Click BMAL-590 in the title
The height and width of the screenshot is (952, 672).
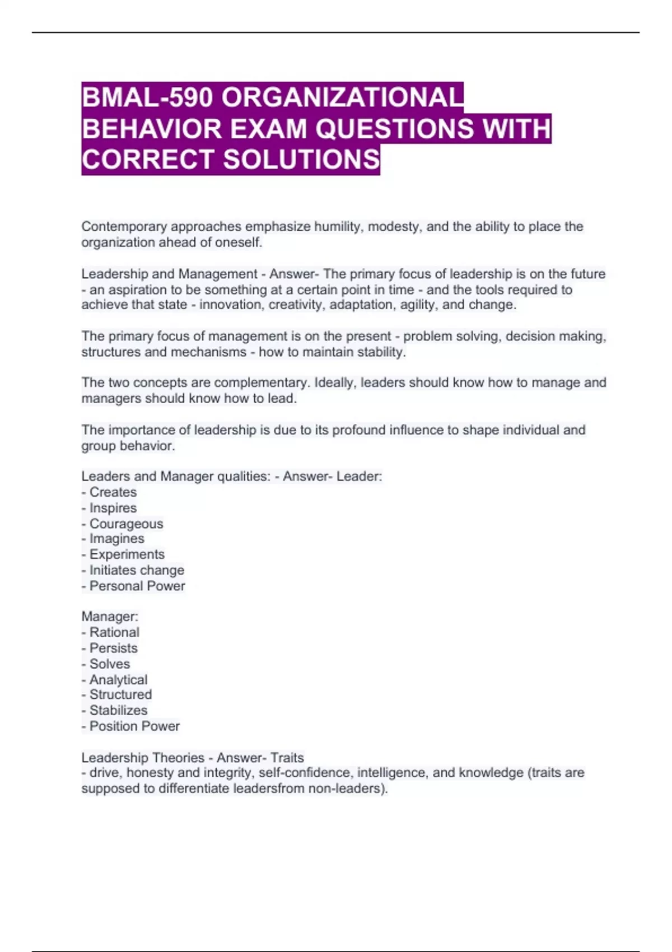[147, 98]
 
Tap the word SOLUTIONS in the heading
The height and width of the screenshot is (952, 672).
[302, 160]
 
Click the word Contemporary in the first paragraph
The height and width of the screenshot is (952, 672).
[124, 227]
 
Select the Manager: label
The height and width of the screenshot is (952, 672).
[110, 617]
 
